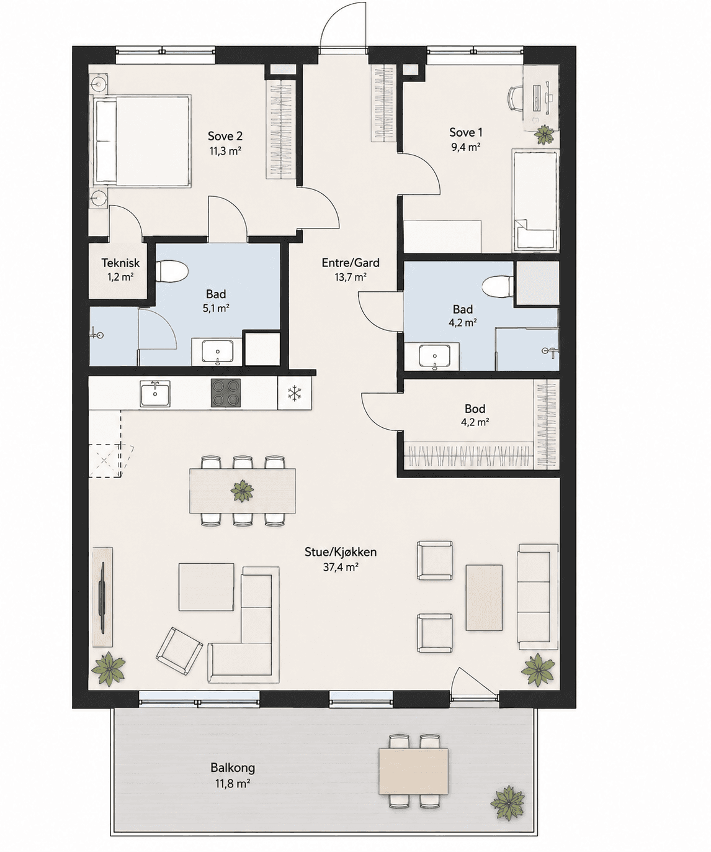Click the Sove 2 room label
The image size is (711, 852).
click(226, 135)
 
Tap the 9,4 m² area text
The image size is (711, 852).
click(465, 147)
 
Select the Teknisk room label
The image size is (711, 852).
click(121, 263)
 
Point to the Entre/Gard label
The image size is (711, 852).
click(351, 263)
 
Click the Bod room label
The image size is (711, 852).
click(475, 409)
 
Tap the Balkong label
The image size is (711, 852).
click(233, 768)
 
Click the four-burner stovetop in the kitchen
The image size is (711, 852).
click(226, 393)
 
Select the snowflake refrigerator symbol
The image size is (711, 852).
click(294, 393)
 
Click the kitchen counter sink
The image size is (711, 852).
click(155, 394)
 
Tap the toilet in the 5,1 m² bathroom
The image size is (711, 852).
click(172, 271)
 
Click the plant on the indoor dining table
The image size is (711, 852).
click(242, 491)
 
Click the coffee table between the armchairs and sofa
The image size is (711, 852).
click(484, 598)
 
